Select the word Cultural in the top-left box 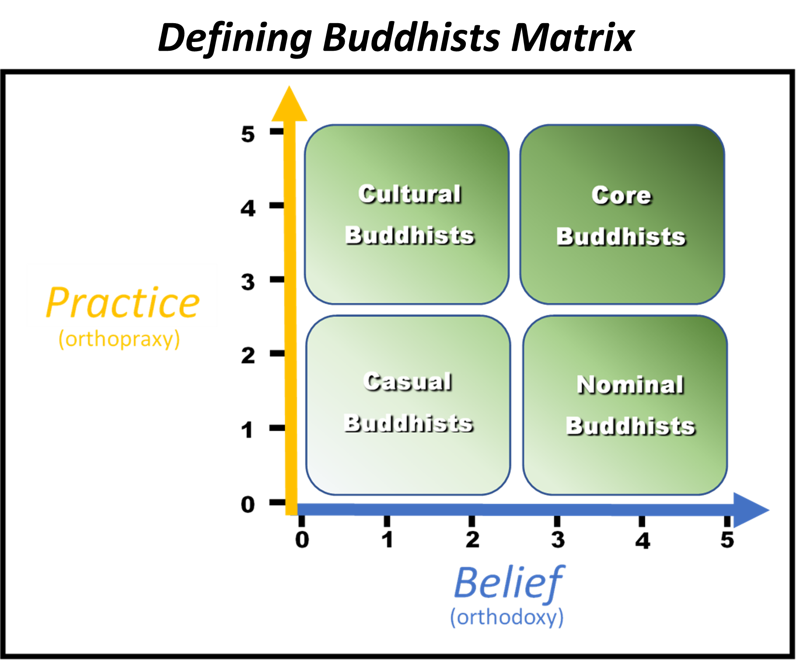(409, 194)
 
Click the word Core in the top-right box (621, 195)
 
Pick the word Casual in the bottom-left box (407, 382)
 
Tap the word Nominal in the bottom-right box (630, 385)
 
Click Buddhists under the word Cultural (409, 235)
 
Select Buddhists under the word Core (621, 237)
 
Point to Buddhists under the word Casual (408, 423)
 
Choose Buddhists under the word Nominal (630, 426)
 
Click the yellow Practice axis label (122, 303)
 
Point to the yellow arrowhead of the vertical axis (289, 105)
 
